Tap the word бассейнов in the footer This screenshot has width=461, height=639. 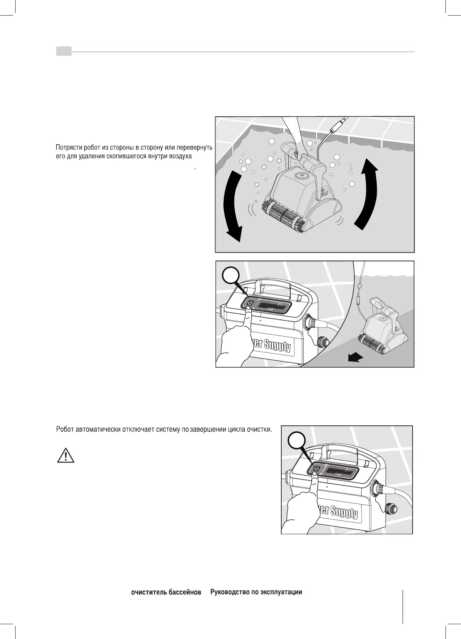point(185,592)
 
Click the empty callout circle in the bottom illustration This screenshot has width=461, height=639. point(297,442)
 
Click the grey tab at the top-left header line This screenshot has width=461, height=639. point(64,51)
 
